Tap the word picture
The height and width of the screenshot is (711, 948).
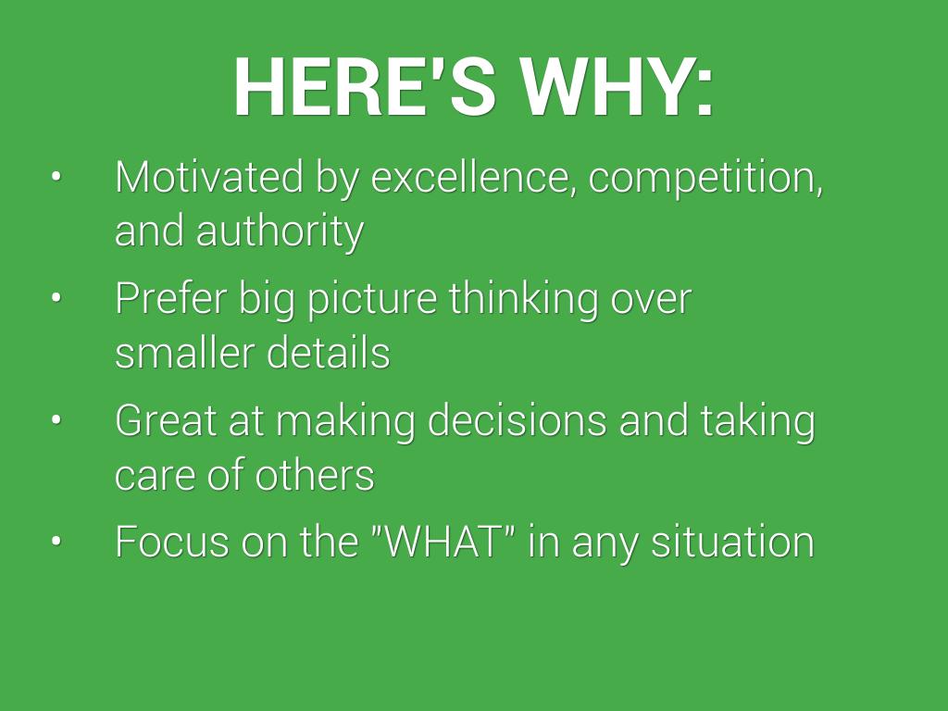372,300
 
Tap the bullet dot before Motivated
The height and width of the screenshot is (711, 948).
56,177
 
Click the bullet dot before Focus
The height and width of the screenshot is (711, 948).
56,541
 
